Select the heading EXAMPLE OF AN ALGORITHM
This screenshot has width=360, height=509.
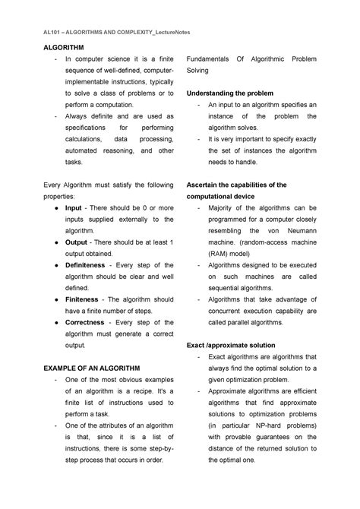tap(89, 368)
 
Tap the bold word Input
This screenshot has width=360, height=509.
tap(74, 207)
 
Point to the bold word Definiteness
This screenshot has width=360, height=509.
tap(90, 264)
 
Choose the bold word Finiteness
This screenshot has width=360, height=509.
tap(85, 299)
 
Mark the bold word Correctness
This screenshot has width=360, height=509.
tap(86, 322)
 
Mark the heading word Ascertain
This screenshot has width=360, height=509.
tap(204, 185)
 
